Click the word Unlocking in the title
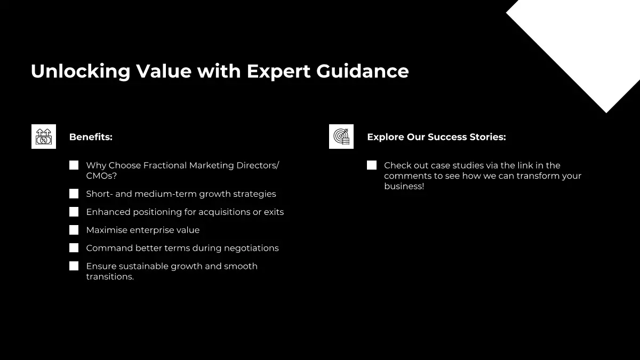pyautogui.click(x=81, y=71)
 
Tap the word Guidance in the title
pyautogui.click(x=363, y=71)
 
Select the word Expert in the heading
pyautogui.click(x=278, y=71)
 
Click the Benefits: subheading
pyautogui.click(x=91, y=137)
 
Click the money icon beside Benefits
pyautogui.click(x=44, y=137)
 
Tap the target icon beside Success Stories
pyautogui.click(x=341, y=137)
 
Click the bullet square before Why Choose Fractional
pyautogui.click(x=74, y=165)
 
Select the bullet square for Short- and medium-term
pyautogui.click(x=74, y=194)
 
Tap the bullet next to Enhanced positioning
pyautogui.click(x=74, y=212)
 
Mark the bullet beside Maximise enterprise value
pyautogui.click(x=74, y=230)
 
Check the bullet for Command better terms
pyautogui.click(x=74, y=248)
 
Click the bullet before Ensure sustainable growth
pyautogui.click(x=74, y=266)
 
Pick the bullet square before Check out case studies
pyautogui.click(x=372, y=165)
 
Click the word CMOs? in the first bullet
pyautogui.click(x=101, y=175)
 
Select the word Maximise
pyautogui.click(x=107, y=230)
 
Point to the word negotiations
pyautogui.click(x=251, y=249)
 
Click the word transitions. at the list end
pyautogui.click(x=110, y=277)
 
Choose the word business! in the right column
pyautogui.click(x=404, y=186)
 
